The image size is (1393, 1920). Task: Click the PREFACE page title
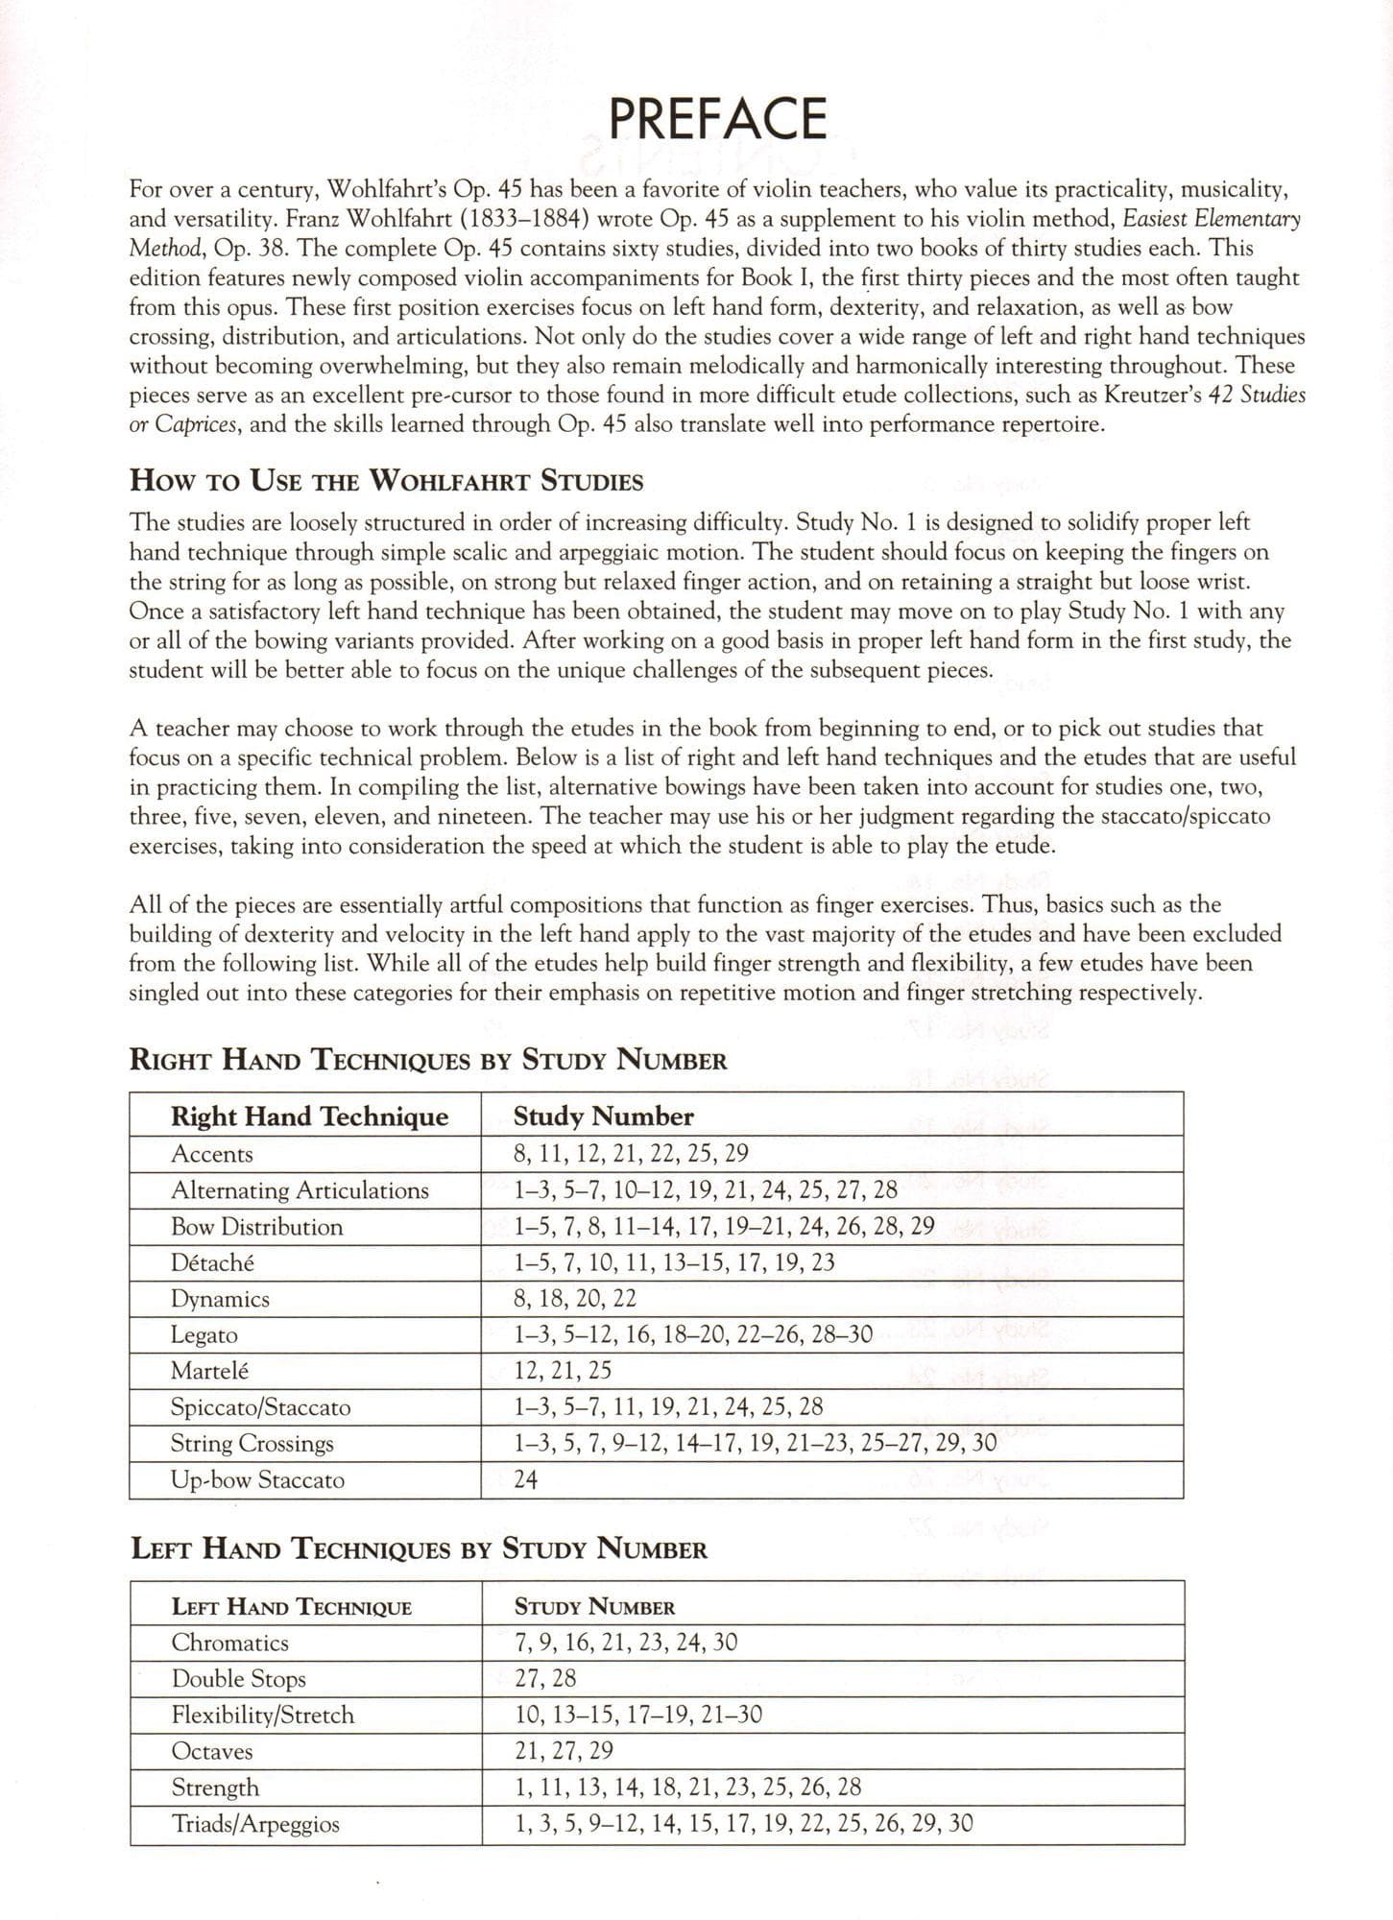point(717,119)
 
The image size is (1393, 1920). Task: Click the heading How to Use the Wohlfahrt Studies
point(386,481)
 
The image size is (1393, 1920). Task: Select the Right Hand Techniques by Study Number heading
point(427,1061)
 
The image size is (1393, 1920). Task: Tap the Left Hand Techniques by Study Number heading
point(418,1548)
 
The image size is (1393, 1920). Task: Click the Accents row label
point(211,1154)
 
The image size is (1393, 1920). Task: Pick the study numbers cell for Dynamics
point(574,1299)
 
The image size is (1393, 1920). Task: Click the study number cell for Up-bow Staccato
point(525,1479)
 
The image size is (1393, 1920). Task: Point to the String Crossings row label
point(252,1444)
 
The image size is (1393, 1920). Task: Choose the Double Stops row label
point(238,1679)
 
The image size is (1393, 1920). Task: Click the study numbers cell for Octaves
point(564,1751)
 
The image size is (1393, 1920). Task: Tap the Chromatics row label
point(229,1643)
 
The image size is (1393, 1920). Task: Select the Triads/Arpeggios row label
point(255,1824)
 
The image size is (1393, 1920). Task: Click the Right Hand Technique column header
point(309,1116)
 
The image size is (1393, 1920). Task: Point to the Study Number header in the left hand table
point(594,1607)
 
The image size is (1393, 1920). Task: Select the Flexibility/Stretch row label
point(262,1716)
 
